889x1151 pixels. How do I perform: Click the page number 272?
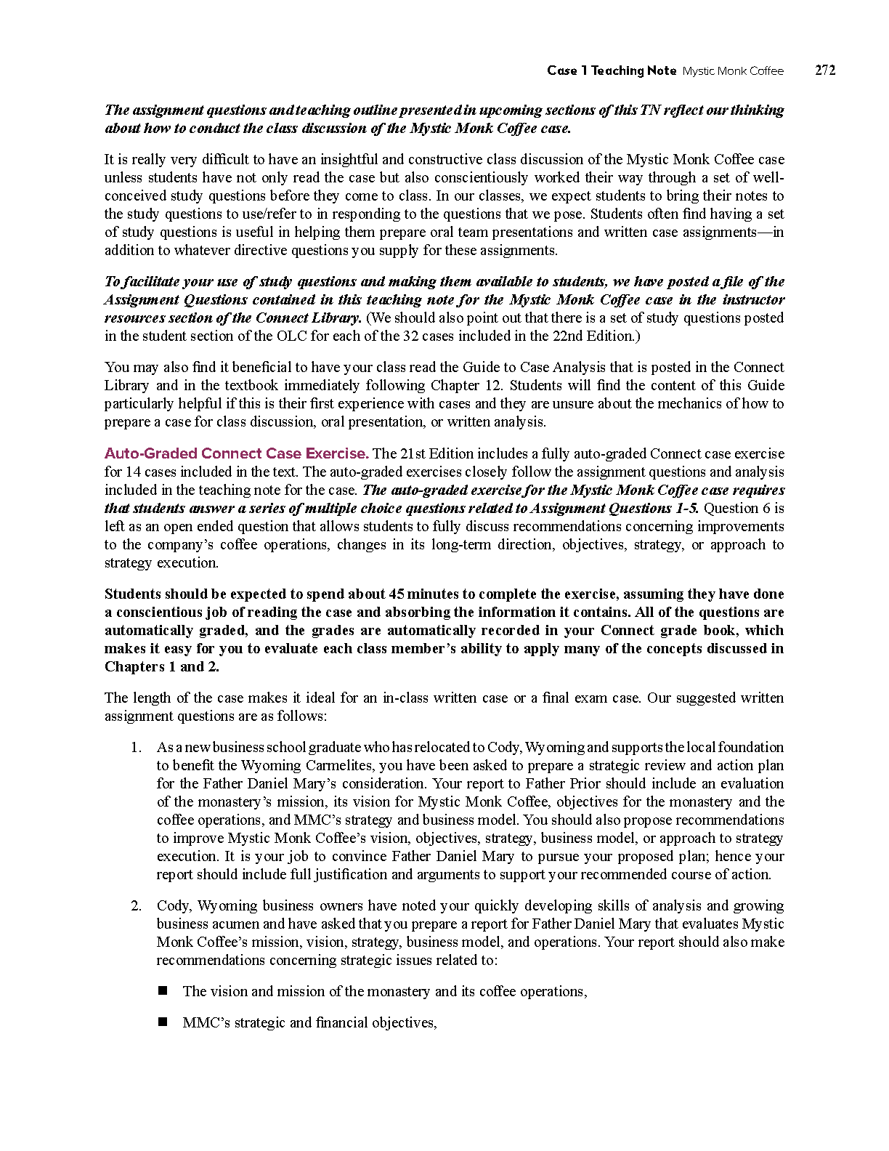(825, 70)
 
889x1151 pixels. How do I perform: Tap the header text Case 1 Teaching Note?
(612, 70)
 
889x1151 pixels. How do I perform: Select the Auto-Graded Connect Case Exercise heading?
(236, 453)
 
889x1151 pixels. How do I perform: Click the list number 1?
(136, 747)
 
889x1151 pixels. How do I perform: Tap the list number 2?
(136, 905)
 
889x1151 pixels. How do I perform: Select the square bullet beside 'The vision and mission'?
(163, 990)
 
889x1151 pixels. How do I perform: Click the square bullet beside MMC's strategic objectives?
(163, 1022)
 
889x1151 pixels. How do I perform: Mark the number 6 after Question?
(766, 508)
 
